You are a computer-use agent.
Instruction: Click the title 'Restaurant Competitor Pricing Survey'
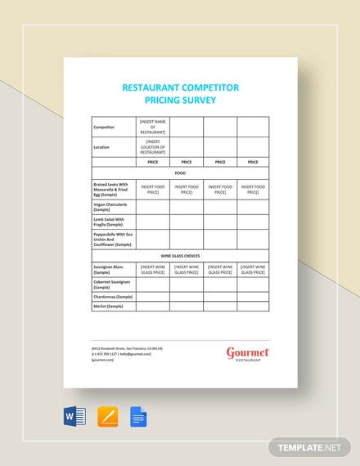click(x=179, y=93)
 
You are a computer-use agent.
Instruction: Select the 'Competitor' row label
click(x=104, y=128)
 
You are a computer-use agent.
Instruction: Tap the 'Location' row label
click(x=102, y=147)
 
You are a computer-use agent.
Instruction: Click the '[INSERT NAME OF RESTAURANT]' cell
click(x=153, y=127)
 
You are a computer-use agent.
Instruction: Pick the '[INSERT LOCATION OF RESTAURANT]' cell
click(x=153, y=147)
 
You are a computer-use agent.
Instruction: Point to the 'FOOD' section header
click(x=179, y=173)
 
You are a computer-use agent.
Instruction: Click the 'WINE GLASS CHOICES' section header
click(x=179, y=256)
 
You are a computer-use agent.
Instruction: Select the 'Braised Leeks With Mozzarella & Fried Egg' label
click(x=112, y=189)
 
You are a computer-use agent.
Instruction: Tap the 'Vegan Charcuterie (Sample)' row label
click(x=110, y=207)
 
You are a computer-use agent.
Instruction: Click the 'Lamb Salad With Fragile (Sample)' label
click(x=108, y=222)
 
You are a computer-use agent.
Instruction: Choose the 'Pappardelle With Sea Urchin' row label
click(x=112, y=239)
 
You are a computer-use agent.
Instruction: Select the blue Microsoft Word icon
click(x=74, y=417)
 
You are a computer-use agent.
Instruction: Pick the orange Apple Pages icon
click(x=107, y=417)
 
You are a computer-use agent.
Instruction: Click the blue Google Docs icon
click(x=138, y=417)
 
